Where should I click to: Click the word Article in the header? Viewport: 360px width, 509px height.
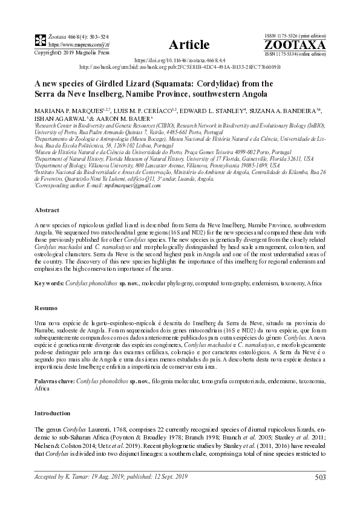(x=189, y=45)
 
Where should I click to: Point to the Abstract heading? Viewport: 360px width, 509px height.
(x=46, y=210)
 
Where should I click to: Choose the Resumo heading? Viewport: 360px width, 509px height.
(x=45, y=308)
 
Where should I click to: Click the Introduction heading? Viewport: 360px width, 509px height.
(x=53, y=413)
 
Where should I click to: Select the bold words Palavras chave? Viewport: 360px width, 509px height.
(x=56, y=383)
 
